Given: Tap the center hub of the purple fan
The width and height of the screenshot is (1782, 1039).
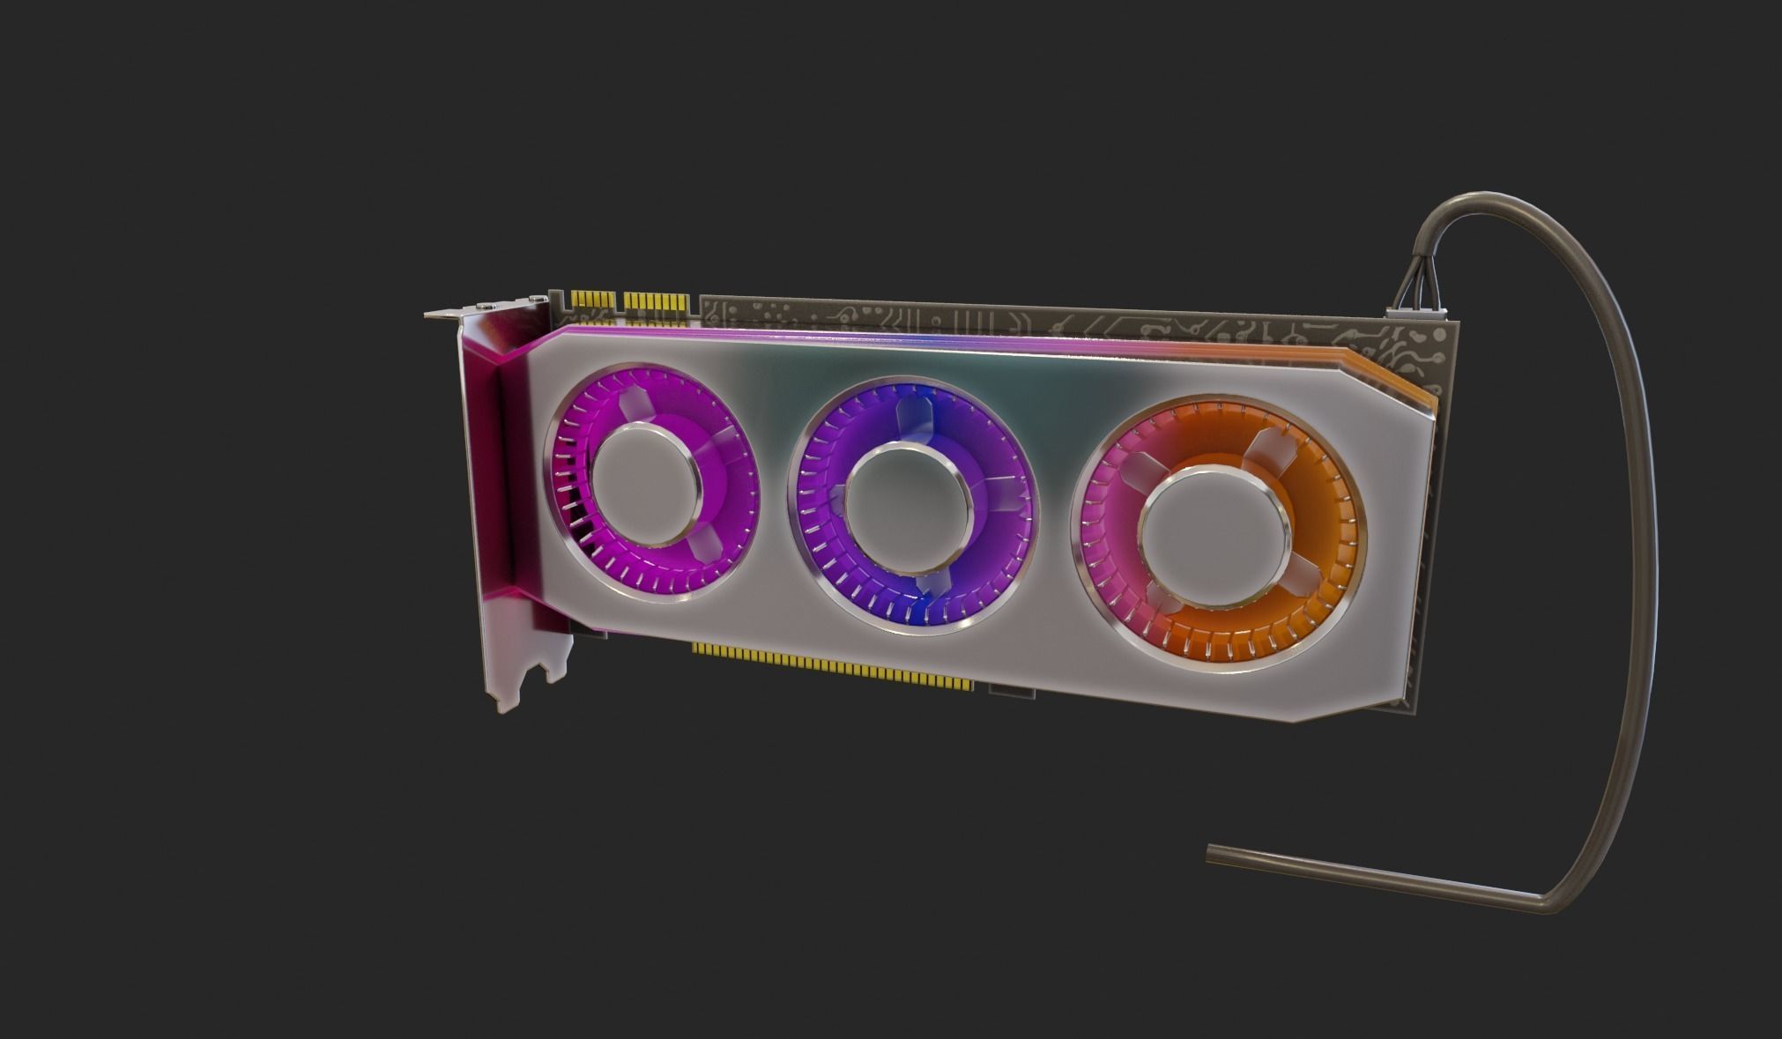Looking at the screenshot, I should tap(908, 500).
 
